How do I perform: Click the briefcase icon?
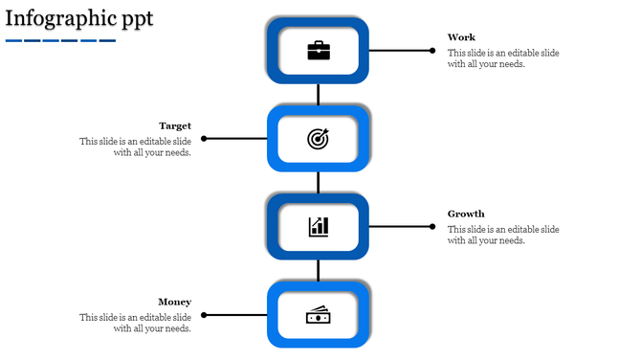[x=319, y=51]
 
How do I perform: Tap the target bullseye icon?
[x=318, y=139]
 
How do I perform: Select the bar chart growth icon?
[x=319, y=227]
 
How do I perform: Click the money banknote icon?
[x=319, y=315]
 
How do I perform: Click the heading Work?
[x=461, y=37]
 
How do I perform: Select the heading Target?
[x=175, y=125]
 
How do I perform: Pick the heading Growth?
[x=466, y=214]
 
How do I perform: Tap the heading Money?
[x=175, y=302]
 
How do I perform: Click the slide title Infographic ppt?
[x=78, y=18]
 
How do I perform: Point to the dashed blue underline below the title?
[x=60, y=40]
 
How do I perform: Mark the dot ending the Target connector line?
[x=205, y=139]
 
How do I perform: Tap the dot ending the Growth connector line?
[x=432, y=227]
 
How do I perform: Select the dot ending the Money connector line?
[x=205, y=315]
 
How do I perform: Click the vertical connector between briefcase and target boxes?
[x=319, y=94]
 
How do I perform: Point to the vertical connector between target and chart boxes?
[x=319, y=182]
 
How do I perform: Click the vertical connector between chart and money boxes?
[x=319, y=270]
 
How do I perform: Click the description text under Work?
[x=503, y=58]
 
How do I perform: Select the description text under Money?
[x=135, y=323]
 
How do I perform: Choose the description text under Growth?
[x=503, y=235]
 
